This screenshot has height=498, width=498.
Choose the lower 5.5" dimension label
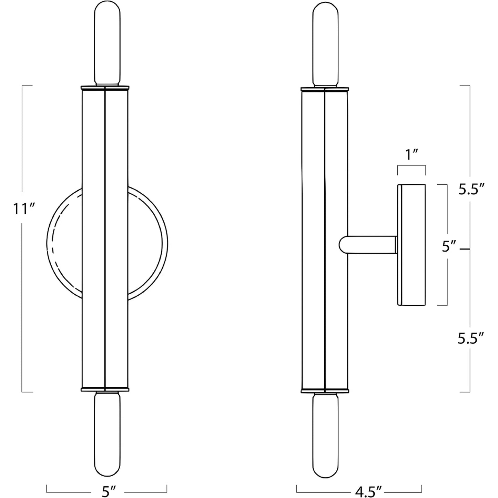[x=471, y=339]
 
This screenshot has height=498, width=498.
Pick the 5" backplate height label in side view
[x=449, y=247]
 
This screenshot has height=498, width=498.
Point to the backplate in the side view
[x=412, y=245]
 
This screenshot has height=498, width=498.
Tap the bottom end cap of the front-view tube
[x=105, y=390]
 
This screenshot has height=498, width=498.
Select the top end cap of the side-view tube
[x=325, y=89]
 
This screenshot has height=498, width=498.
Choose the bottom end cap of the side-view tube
[x=325, y=391]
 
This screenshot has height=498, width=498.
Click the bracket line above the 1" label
[x=411, y=166]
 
